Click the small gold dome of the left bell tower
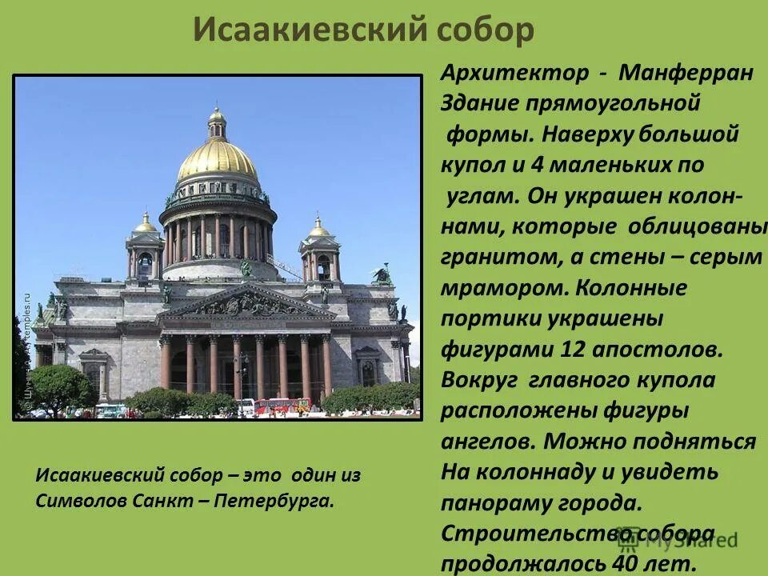[145, 225]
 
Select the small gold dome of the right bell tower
[318, 229]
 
